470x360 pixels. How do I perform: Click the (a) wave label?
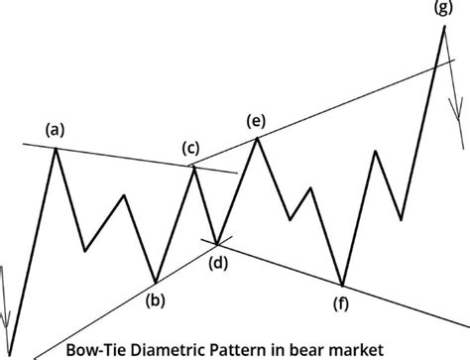(54, 129)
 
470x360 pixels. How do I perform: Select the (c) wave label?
(191, 149)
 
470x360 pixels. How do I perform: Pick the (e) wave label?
(256, 121)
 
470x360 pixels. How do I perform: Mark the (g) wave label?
(441, 9)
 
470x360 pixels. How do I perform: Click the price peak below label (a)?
(55, 148)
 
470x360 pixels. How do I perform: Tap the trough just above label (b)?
(156, 282)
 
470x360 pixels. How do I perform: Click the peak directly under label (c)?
(194, 167)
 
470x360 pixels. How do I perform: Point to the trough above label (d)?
(217, 241)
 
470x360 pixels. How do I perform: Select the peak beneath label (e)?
(258, 138)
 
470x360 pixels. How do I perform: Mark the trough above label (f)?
(342, 286)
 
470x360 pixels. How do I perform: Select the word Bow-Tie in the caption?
(94, 349)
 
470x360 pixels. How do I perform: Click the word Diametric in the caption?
(168, 349)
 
